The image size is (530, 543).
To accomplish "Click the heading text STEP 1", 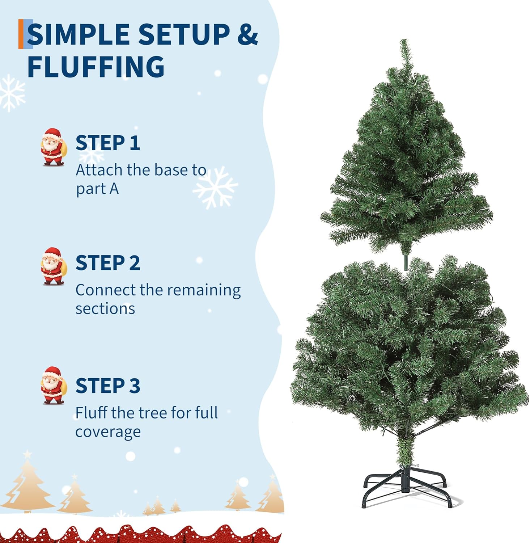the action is [x=107, y=143].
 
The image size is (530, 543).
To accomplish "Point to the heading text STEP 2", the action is [x=107, y=262].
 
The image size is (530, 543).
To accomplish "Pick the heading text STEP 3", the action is [x=107, y=386].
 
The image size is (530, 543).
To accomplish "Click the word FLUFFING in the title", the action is [x=96, y=66].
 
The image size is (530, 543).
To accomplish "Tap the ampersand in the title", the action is [x=247, y=34].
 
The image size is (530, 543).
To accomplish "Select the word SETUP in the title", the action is [x=184, y=34].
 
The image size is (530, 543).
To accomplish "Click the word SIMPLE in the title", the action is [x=79, y=34].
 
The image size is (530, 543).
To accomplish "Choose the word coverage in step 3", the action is [x=108, y=432].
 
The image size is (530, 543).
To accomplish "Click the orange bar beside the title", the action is [x=21, y=34].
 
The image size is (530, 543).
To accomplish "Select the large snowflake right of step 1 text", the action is [x=215, y=187].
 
